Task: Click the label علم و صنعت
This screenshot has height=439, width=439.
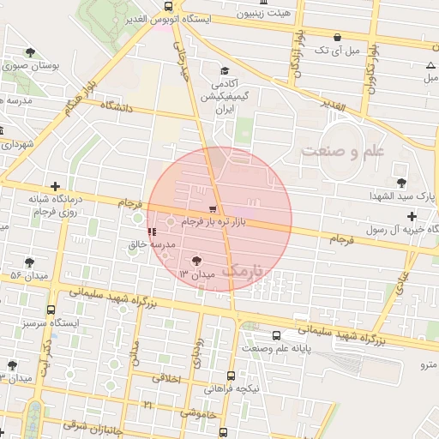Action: [x=352, y=150]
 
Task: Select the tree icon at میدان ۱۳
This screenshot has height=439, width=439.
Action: [x=197, y=260]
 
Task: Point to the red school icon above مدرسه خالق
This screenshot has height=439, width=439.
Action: [x=152, y=232]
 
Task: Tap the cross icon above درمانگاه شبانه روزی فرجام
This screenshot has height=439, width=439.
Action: [x=56, y=186]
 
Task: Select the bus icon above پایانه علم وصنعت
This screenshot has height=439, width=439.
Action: [x=276, y=336]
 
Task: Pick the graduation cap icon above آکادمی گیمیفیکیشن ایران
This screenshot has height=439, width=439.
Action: [x=225, y=71]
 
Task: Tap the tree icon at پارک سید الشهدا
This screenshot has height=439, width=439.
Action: [x=401, y=182]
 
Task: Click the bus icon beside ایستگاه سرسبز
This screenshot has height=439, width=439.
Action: [x=51, y=310]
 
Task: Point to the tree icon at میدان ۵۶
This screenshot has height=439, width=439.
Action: [x=30, y=262]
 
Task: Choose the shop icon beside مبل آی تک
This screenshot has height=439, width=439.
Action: [x=338, y=38]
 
